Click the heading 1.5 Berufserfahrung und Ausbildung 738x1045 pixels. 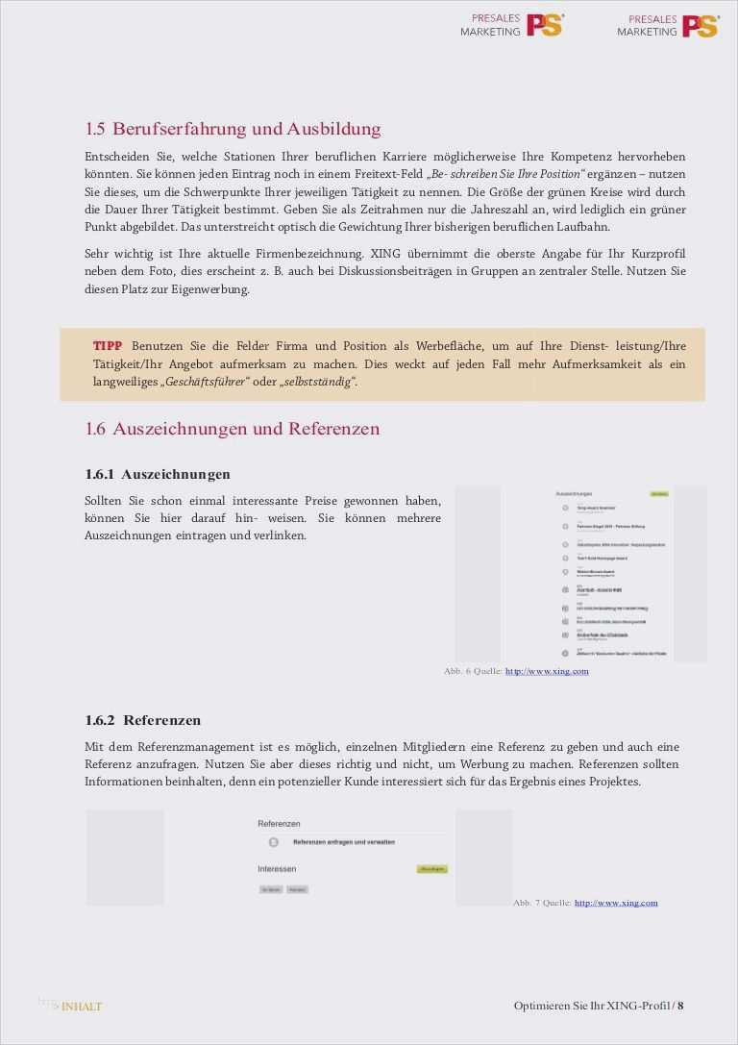pyautogui.click(x=233, y=129)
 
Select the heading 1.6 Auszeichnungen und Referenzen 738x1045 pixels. pyautogui.click(x=232, y=429)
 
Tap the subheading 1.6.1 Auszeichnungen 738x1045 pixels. pyautogui.click(x=158, y=474)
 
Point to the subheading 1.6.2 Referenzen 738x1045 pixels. pyautogui.click(x=143, y=720)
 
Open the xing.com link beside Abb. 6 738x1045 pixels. pyautogui.click(x=547, y=671)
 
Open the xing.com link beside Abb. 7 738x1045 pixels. pyautogui.click(x=616, y=903)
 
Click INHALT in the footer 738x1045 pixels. pyautogui.click(x=81, y=1007)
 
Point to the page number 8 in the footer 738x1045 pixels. pyautogui.click(x=680, y=1006)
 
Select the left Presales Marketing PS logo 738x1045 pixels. pyautogui.click(x=511, y=25)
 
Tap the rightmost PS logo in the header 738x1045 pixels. pyautogui.click(x=700, y=26)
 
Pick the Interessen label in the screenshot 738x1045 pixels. pyautogui.click(x=277, y=869)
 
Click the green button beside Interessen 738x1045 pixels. pyautogui.click(x=431, y=869)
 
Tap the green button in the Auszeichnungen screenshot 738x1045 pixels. pyautogui.click(x=658, y=494)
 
